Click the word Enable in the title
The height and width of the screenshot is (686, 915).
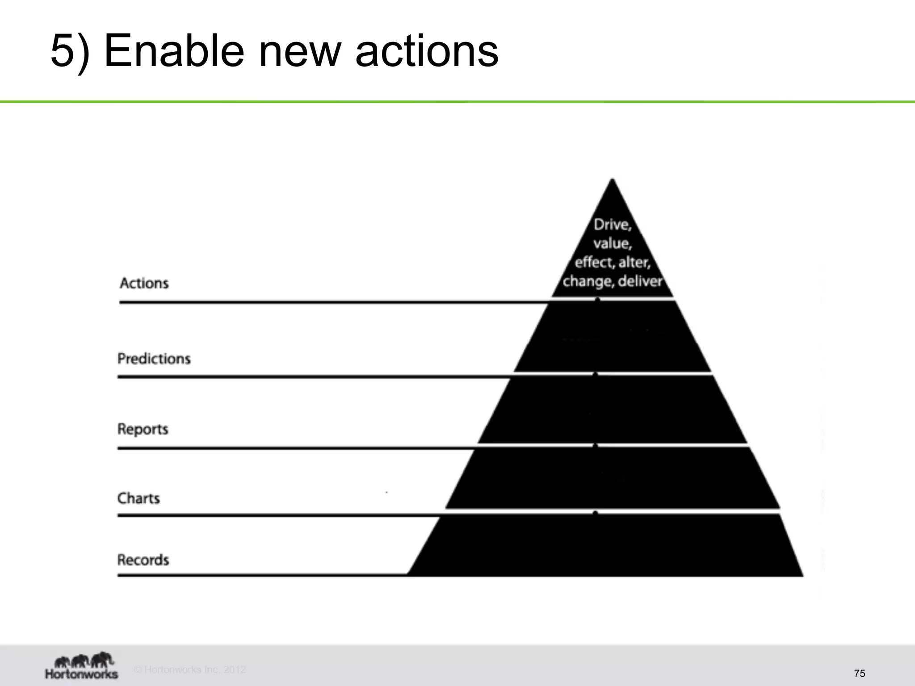(174, 51)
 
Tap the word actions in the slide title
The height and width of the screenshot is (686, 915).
(427, 51)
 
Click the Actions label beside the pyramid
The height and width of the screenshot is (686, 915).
(144, 283)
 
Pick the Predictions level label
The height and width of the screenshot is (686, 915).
(154, 359)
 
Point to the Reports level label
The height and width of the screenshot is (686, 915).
(143, 429)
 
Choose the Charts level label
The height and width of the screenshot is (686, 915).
(139, 498)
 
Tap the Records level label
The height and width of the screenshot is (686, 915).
(143, 560)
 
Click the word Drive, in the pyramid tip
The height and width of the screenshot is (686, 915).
(613, 225)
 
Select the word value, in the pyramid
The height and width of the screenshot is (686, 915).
(613, 244)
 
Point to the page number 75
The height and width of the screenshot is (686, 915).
(859, 673)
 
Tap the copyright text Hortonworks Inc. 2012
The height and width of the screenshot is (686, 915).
(190, 669)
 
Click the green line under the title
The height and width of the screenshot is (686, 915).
(457, 102)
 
